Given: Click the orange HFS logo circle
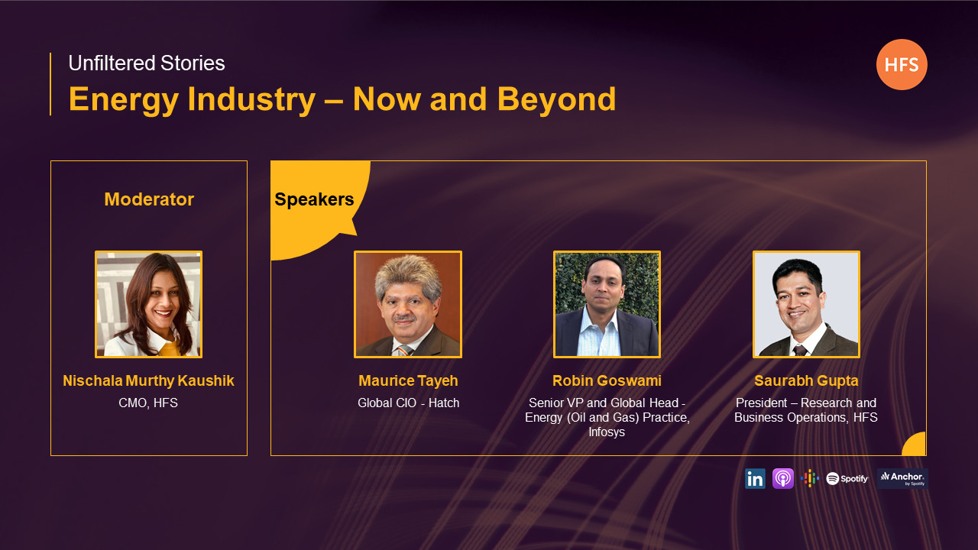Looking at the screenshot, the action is [x=902, y=65].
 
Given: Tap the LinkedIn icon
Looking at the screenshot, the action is [x=755, y=479].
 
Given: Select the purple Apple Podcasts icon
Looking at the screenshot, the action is [x=783, y=479].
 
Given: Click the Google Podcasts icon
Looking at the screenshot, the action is [x=810, y=478].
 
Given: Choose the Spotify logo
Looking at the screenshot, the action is [x=847, y=479].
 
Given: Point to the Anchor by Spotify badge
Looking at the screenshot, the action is [x=902, y=479].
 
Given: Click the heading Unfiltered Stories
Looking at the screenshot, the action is [x=147, y=63].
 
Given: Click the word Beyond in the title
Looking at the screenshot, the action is [x=557, y=99].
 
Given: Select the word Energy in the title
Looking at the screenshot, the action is [x=124, y=100].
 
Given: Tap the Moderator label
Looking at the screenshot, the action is [x=149, y=199].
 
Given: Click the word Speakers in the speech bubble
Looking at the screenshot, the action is [x=314, y=199].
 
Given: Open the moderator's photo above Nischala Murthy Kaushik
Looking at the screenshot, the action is [x=148, y=304].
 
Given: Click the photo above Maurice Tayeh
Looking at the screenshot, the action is [x=408, y=304].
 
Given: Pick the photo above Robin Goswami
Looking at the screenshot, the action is [x=607, y=304].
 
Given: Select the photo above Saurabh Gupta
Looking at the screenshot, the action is [x=806, y=304].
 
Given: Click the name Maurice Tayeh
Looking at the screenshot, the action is [x=408, y=380].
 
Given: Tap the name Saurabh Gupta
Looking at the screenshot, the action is [x=806, y=381].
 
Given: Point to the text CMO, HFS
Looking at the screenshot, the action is [x=148, y=403].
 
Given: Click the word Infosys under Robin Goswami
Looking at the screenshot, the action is [x=607, y=432].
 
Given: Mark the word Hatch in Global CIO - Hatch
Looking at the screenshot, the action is [x=444, y=403].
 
